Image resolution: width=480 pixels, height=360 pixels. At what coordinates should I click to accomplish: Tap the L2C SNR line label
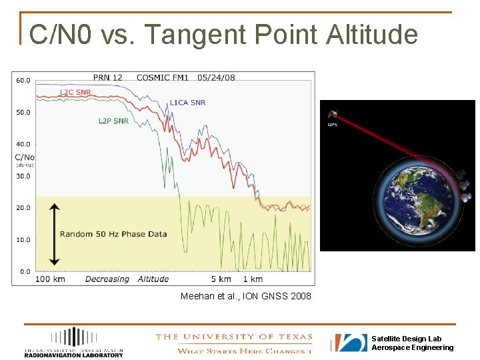pos(75,93)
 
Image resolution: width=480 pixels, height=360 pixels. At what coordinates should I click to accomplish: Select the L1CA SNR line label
pos(187,103)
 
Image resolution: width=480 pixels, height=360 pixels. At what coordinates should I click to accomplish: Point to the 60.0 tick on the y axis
pos(23,80)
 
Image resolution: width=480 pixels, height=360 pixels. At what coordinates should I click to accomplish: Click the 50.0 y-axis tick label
pos(23,112)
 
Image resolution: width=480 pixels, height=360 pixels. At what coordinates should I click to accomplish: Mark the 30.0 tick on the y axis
pos(23,176)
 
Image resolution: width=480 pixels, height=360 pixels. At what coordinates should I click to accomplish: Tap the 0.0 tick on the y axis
pos(25,271)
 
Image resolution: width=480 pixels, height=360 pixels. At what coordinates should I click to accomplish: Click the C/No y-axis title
pos(24,157)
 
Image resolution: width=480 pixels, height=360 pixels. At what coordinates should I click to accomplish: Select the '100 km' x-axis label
pos(50,279)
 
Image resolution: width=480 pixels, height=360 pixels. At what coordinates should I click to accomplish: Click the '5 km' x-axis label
pos(221,279)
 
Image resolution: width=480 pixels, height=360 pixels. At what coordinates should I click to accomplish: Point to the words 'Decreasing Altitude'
pos(127,279)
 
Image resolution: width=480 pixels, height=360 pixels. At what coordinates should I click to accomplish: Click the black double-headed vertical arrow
pos(55,234)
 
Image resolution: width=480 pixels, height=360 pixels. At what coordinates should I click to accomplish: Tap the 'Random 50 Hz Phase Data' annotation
pos(113,234)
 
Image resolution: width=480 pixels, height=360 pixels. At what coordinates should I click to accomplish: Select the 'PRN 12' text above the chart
pos(107,77)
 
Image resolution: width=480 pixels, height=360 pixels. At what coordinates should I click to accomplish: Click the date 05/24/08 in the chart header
pos(216,77)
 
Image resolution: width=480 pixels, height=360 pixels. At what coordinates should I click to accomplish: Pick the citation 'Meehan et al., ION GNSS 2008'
pos(245,295)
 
